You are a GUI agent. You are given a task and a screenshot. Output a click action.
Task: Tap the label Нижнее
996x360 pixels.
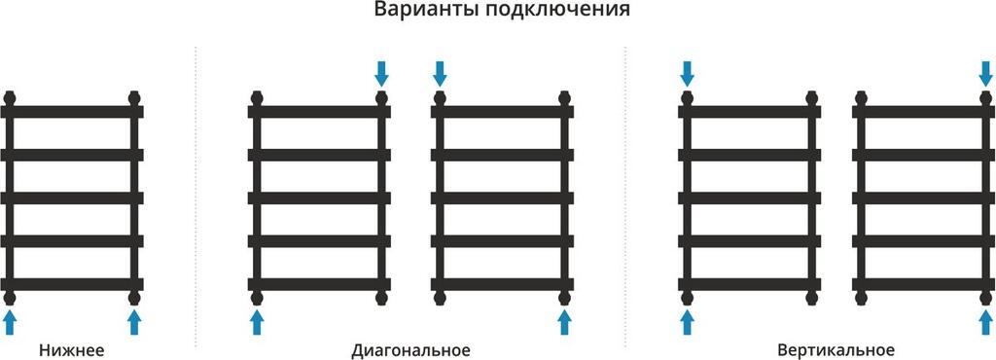[x=72, y=350]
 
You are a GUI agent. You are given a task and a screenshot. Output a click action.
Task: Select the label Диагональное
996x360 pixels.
[x=410, y=350]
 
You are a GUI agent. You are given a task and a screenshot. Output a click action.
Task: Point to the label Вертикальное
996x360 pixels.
[x=836, y=350]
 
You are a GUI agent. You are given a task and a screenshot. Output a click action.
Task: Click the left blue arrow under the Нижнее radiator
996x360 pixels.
[x=10, y=322]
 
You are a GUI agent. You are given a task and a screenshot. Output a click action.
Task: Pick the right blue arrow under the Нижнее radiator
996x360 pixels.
[x=134, y=322]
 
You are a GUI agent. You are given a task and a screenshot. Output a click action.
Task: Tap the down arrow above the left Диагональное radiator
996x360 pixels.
[x=381, y=72]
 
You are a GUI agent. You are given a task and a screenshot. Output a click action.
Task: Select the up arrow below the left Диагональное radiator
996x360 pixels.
[x=257, y=322]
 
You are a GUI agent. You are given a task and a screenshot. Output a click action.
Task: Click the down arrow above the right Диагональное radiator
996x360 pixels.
[x=440, y=72]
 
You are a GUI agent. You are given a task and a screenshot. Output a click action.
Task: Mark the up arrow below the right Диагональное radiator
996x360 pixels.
[x=564, y=322]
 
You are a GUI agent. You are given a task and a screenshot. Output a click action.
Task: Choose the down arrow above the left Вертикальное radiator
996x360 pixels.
[x=687, y=72]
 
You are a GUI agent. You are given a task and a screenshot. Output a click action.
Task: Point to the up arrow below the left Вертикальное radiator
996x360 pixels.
[x=687, y=322]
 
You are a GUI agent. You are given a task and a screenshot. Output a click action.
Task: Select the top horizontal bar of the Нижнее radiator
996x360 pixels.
[x=72, y=112]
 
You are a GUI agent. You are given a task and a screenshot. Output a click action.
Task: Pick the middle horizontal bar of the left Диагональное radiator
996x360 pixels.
[x=319, y=198]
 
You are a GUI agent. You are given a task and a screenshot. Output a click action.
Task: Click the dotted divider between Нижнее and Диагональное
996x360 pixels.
[x=196, y=195]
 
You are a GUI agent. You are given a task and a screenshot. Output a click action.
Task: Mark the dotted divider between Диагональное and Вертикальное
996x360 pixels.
[x=624, y=195]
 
